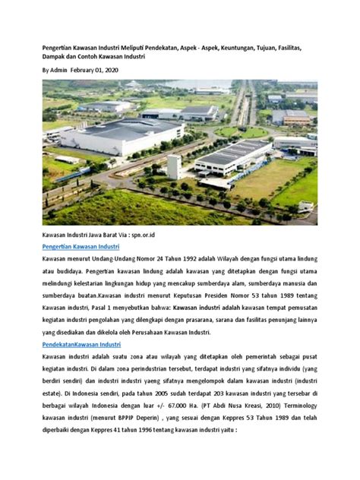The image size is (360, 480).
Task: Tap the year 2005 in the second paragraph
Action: click(x=158, y=393)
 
